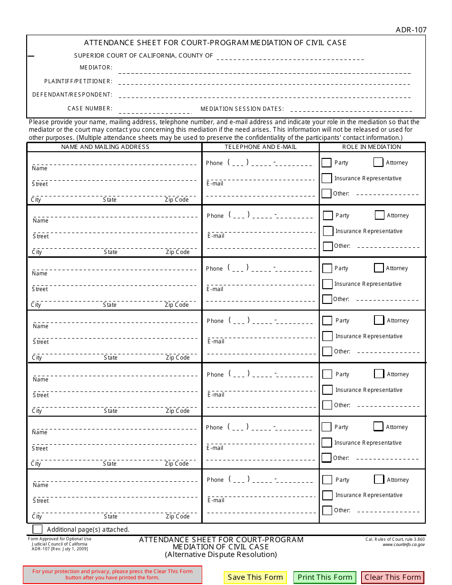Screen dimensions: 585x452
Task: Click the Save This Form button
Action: coord(255,577)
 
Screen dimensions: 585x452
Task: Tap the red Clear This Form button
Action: coord(393,577)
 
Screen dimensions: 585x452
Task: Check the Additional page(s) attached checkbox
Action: coord(37,529)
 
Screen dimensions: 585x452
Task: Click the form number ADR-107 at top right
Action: coord(411,30)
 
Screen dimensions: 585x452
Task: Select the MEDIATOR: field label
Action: coord(96,68)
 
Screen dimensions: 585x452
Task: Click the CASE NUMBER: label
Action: coord(90,108)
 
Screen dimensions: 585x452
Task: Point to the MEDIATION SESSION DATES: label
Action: coord(242,109)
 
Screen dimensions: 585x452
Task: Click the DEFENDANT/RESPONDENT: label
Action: coord(72,95)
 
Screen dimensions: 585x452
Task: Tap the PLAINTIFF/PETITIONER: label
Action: coord(79,81)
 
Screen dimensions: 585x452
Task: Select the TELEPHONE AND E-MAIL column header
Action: coord(260,147)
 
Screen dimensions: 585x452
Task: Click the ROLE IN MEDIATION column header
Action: coord(372,147)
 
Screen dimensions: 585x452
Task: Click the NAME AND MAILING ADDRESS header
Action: coord(105,147)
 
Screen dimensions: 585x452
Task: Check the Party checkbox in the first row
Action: coord(326,163)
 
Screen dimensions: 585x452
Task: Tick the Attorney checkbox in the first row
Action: coord(378,162)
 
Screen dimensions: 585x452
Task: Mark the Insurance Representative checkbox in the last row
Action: coord(327,495)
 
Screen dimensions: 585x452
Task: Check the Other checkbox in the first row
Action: coord(326,194)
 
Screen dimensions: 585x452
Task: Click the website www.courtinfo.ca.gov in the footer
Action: coord(403,545)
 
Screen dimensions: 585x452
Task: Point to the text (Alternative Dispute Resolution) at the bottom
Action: coord(221,555)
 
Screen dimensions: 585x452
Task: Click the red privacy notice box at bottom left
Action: coord(112,575)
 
